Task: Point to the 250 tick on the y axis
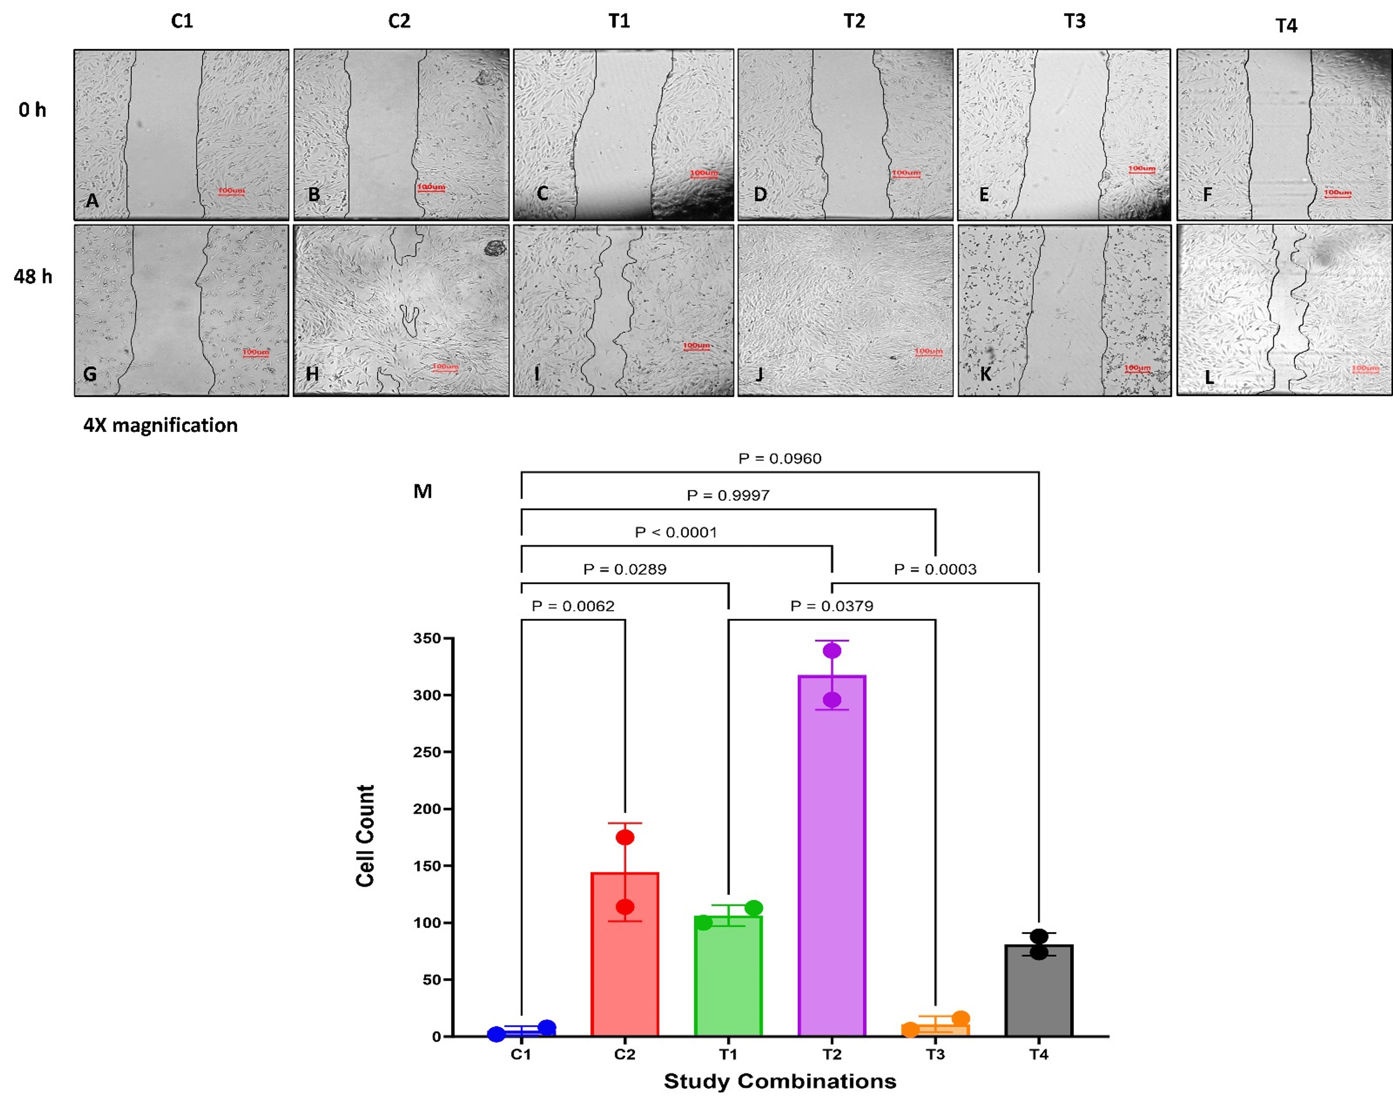pos(427,752)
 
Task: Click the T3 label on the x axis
pos(935,1054)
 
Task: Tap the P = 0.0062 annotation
pos(573,606)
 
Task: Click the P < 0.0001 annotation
pos(676,532)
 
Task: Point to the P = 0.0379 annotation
pos(832,606)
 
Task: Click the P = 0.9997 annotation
pos(728,495)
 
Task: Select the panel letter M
pos(423,491)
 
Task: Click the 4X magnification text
pos(160,425)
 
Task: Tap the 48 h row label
pos(33,277)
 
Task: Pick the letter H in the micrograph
pos(312,373)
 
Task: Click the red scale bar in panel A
pos(231,192)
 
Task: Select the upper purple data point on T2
pos(832,650)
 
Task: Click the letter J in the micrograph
pos(760,374)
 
